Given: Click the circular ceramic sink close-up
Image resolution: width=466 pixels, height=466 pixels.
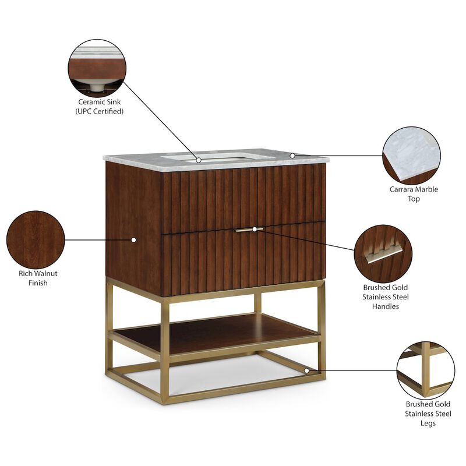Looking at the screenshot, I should (x=97, y=68).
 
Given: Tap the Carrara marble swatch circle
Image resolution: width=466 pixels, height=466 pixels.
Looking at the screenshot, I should (x=411, y=156).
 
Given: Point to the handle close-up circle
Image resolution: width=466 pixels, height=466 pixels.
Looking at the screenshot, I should (x=383, y=253).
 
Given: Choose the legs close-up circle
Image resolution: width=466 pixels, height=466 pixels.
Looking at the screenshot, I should (x=425, y=370).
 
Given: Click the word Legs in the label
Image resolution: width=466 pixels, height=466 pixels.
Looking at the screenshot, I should (x=429, y=423).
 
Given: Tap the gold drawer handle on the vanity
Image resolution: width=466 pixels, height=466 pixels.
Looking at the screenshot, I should (x=250, y=230).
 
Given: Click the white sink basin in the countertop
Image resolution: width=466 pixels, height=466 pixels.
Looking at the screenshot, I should (x=218, y=157).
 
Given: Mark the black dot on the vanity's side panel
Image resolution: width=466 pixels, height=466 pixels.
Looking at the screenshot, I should (x=133, y=239).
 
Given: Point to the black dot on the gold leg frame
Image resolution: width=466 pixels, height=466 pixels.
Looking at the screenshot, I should (x=307, y=370).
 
